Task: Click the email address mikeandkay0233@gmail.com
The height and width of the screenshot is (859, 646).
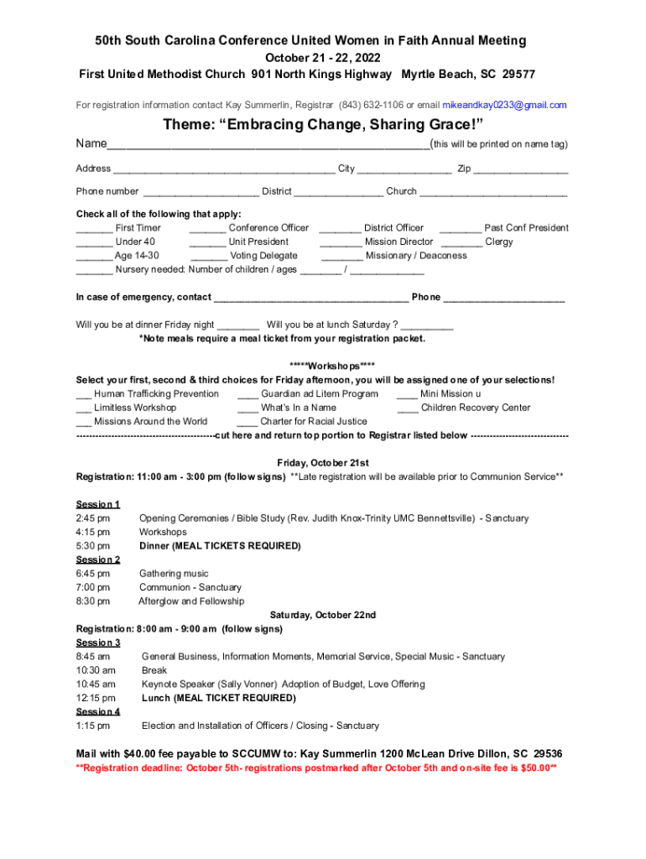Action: [504, 105]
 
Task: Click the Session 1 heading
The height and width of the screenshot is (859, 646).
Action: [98, 504]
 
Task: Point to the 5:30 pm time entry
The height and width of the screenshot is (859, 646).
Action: [92, 546]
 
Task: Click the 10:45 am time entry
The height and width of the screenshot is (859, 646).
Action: [95, 685]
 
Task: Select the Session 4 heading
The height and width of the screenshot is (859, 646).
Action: [98, 711]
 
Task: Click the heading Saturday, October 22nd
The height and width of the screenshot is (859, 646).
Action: [322, 615]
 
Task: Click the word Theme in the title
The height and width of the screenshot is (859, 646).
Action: [190, 125]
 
